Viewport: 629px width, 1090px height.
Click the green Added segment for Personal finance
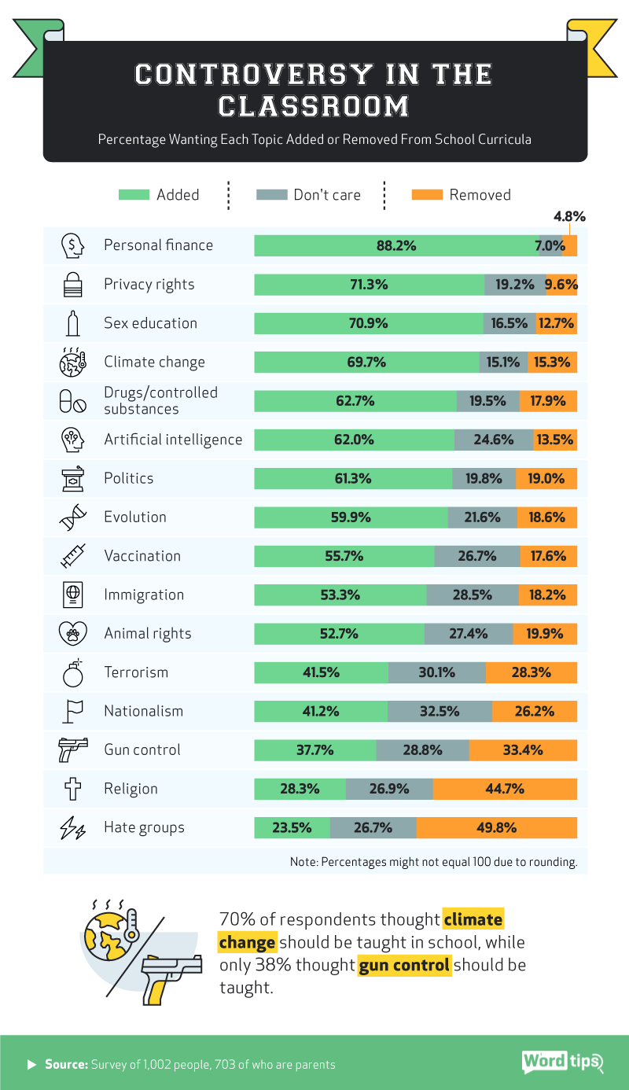pyautogui.click(x=396, y=245)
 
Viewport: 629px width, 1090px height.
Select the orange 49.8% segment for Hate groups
pyautogui.click(x=496, y=827)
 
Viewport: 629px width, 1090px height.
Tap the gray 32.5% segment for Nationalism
pyautogui.click(x=440, y=711)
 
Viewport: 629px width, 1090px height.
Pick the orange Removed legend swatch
pyautogui.click(x=427, y=195)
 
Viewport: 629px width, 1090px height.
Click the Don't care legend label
pyautogui.click(x=326, y=195)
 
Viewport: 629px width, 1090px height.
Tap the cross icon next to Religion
pyautogui.click(x=72, y=789)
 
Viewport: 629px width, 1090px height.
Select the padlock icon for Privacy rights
pyautogui.click(x=72, y=284)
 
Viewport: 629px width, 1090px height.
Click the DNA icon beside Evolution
pyautogui.click(x=72, y=517)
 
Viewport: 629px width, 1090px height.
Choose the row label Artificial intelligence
pyautogui.click(x=173, y=439)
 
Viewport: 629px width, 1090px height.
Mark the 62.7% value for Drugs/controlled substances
pyautogui.click(x=355, y=400)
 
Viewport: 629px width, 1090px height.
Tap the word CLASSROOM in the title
pyautogui.click(x=314, y=106)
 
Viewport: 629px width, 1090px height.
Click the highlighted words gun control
pyautogui.click(x=404, y=965)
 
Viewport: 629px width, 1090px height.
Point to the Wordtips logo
pyautogui.click(x=561, y=1062)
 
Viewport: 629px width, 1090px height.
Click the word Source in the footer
pyautogui.click(x=65, y=1065)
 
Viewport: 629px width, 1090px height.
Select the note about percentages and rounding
pyautogui.click(x=433, y=862)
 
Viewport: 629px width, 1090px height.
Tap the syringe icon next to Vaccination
pyautogui.click(x=72, y=556)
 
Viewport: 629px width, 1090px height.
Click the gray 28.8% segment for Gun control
pyautogui.click(x=423, y=749)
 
